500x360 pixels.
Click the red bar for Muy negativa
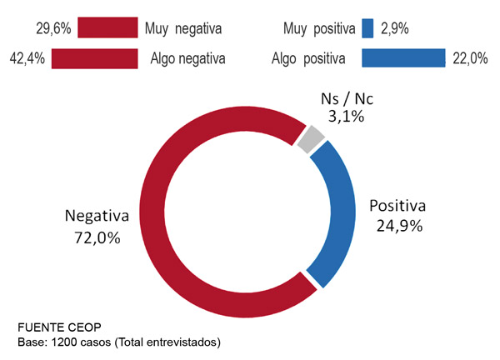(107, 28)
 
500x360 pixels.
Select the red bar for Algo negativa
(93, 58)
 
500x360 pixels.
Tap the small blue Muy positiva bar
(367, 28)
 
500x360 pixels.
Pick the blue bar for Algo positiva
(403, 58)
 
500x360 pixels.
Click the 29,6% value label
(53, 28)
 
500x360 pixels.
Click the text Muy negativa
(182, 28)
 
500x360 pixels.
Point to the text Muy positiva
(317, 28)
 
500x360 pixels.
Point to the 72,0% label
(97, 237)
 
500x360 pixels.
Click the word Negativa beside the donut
(97, 217)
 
